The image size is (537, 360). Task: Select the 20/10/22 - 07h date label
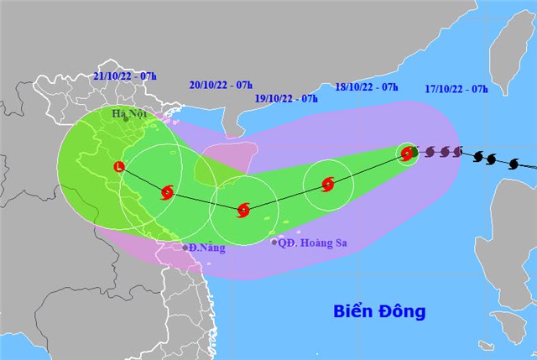(x=222, y=85)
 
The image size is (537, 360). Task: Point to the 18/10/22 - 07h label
(x=366, y=86)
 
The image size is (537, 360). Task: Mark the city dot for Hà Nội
(x=126, y=119)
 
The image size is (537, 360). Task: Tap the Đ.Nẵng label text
(x=207, y=248)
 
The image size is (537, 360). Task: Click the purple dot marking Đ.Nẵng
(x=186, y=248)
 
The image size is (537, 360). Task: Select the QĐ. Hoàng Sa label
(x=313, y=243)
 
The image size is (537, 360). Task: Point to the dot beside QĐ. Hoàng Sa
(x=274, y=243)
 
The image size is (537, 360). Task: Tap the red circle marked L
(x=119, y=166)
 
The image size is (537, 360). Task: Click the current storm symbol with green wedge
(x=407, y=154)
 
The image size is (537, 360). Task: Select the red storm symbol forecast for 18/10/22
(x=327, y=184)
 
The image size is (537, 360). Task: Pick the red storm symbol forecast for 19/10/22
(x=243, y=210)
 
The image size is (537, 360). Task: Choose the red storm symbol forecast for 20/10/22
(x=166, y=193)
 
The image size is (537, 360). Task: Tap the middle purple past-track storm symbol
(x=443, y=152)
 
